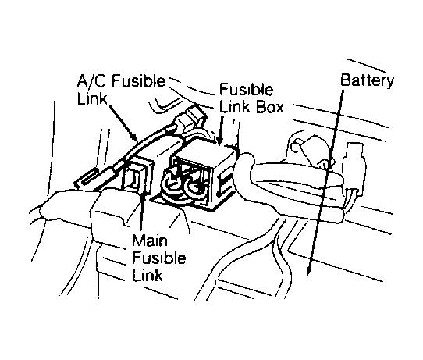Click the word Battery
pyautogui.click(x=367, y=81)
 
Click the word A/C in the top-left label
pyautogui.click(x=91, y=81)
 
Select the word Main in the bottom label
pyautogui.click(x=150, y=241)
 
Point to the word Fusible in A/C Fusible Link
pyautogui.click(x=138, y=81)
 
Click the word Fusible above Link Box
pyautogui.click(x=246, y=90)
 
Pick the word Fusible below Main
pyautogui.click(x=159, y=258)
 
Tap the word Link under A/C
pyautogui.click(x=92, y=98)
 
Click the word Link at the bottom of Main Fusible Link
pyautogui.click(x=148, y=275)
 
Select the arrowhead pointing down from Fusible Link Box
pyautogui.click(x=219, y=141)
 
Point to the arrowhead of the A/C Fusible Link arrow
pyautogui.click(x=136, y=137)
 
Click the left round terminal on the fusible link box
pyautogui.click(x=172, y=186)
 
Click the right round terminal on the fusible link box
pyautogui.click(x=195, y=187)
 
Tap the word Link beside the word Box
pyautogui.click(x=234, y=107)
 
